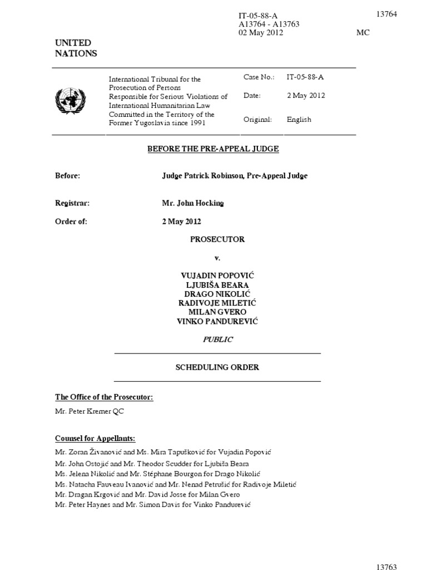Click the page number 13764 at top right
pos(386,14)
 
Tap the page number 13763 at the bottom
pos(386,567)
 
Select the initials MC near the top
pos(363,33)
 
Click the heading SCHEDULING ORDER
pos(217,367)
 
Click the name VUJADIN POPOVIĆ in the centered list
pos(217,276)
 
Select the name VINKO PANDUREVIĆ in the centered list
pos(217,322)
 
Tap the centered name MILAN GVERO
pos(217,312)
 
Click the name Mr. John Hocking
pos(192,203)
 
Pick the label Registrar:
pos(72,203)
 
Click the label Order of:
pos(71,221)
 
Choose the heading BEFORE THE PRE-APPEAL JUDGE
pos(213,149)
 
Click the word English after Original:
pos(299,120)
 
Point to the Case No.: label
pos(259,77)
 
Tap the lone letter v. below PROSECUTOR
pos(217,258)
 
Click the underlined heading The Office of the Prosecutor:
pos(104,397)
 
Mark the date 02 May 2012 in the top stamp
pos(261,33)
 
